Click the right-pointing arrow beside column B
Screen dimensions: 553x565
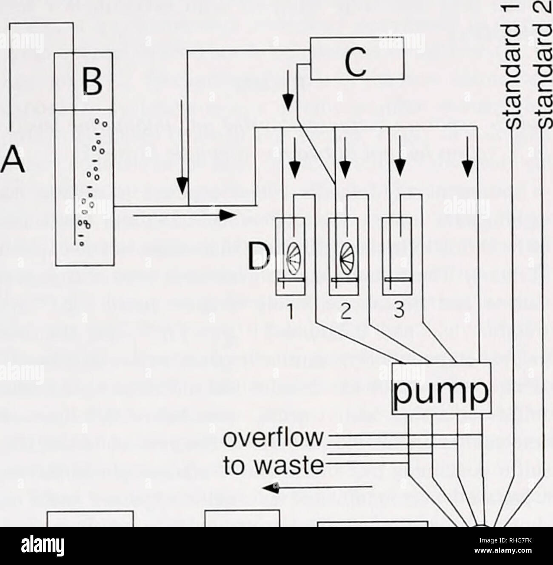pyautogui.click(x=184, y=216)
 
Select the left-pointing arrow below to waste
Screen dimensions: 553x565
pyautogui.click(x=317, y=487)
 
